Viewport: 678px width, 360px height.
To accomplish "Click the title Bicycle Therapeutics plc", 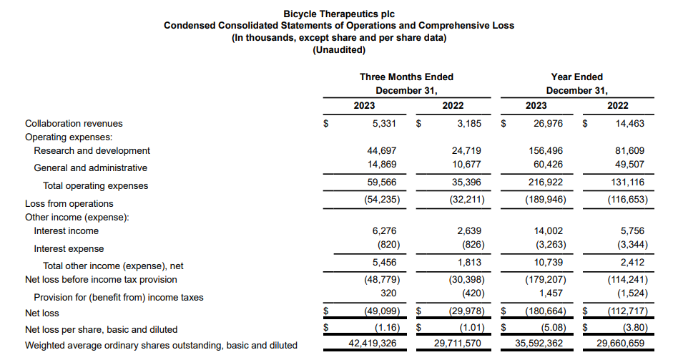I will tap(339, 14).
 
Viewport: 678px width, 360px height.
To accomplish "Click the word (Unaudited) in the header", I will tap(339, 50).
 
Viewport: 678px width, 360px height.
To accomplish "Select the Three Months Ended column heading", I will tap(406, 77).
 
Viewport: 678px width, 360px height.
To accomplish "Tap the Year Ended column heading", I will tap(576, 77).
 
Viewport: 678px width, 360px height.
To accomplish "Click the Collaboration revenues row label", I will tap(74, 124).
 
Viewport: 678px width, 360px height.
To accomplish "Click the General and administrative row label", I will tap(90, 168).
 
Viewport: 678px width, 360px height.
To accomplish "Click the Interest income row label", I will tap(66, 231).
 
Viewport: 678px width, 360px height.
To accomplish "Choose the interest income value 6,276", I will tap(384, 231).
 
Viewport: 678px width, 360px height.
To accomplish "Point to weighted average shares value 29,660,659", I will tap(618, 345).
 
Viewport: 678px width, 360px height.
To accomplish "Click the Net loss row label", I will tap(42, 313).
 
